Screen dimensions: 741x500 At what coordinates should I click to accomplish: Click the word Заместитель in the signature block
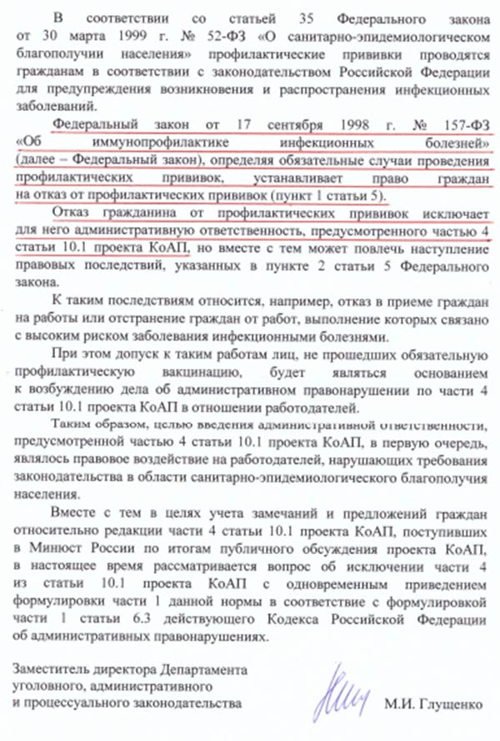54,670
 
